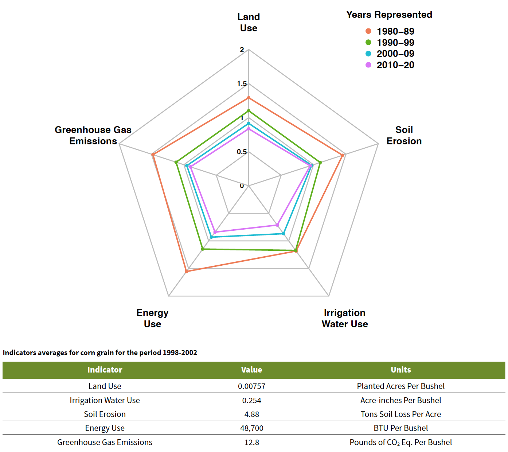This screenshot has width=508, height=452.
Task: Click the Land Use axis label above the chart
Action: tap(249, 23)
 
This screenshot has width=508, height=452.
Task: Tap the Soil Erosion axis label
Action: tap(404, 136)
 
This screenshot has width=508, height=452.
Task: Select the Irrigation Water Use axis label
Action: tap(344, 319)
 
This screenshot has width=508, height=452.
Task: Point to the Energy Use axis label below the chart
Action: tap(152, 319)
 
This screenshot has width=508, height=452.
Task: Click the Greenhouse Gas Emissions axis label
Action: tap(93, 136)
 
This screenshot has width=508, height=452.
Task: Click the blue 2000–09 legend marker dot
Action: tap(368, 54)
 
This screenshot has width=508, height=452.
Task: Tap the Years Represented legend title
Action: tap(389, 15)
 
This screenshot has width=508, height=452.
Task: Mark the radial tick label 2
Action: tap(242, 50)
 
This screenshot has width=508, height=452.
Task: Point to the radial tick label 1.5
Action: tap(242, 84)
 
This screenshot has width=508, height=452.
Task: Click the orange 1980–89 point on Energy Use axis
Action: tap(186, 272)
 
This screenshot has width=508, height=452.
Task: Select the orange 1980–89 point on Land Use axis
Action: tap(249, 98)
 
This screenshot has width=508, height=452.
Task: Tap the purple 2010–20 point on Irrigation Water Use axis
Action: tap(277, 225)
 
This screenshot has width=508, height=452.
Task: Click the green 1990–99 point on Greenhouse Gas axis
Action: tap(176, 162)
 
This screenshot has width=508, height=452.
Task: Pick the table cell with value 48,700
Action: tap(251, 428)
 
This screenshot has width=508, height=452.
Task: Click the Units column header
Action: tap(400, 370)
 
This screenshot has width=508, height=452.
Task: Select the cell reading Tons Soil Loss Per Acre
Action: tap(400, 414)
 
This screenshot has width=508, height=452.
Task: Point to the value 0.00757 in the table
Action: tap(251, 386)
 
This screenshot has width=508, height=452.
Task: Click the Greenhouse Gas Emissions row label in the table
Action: tap(105, 442)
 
